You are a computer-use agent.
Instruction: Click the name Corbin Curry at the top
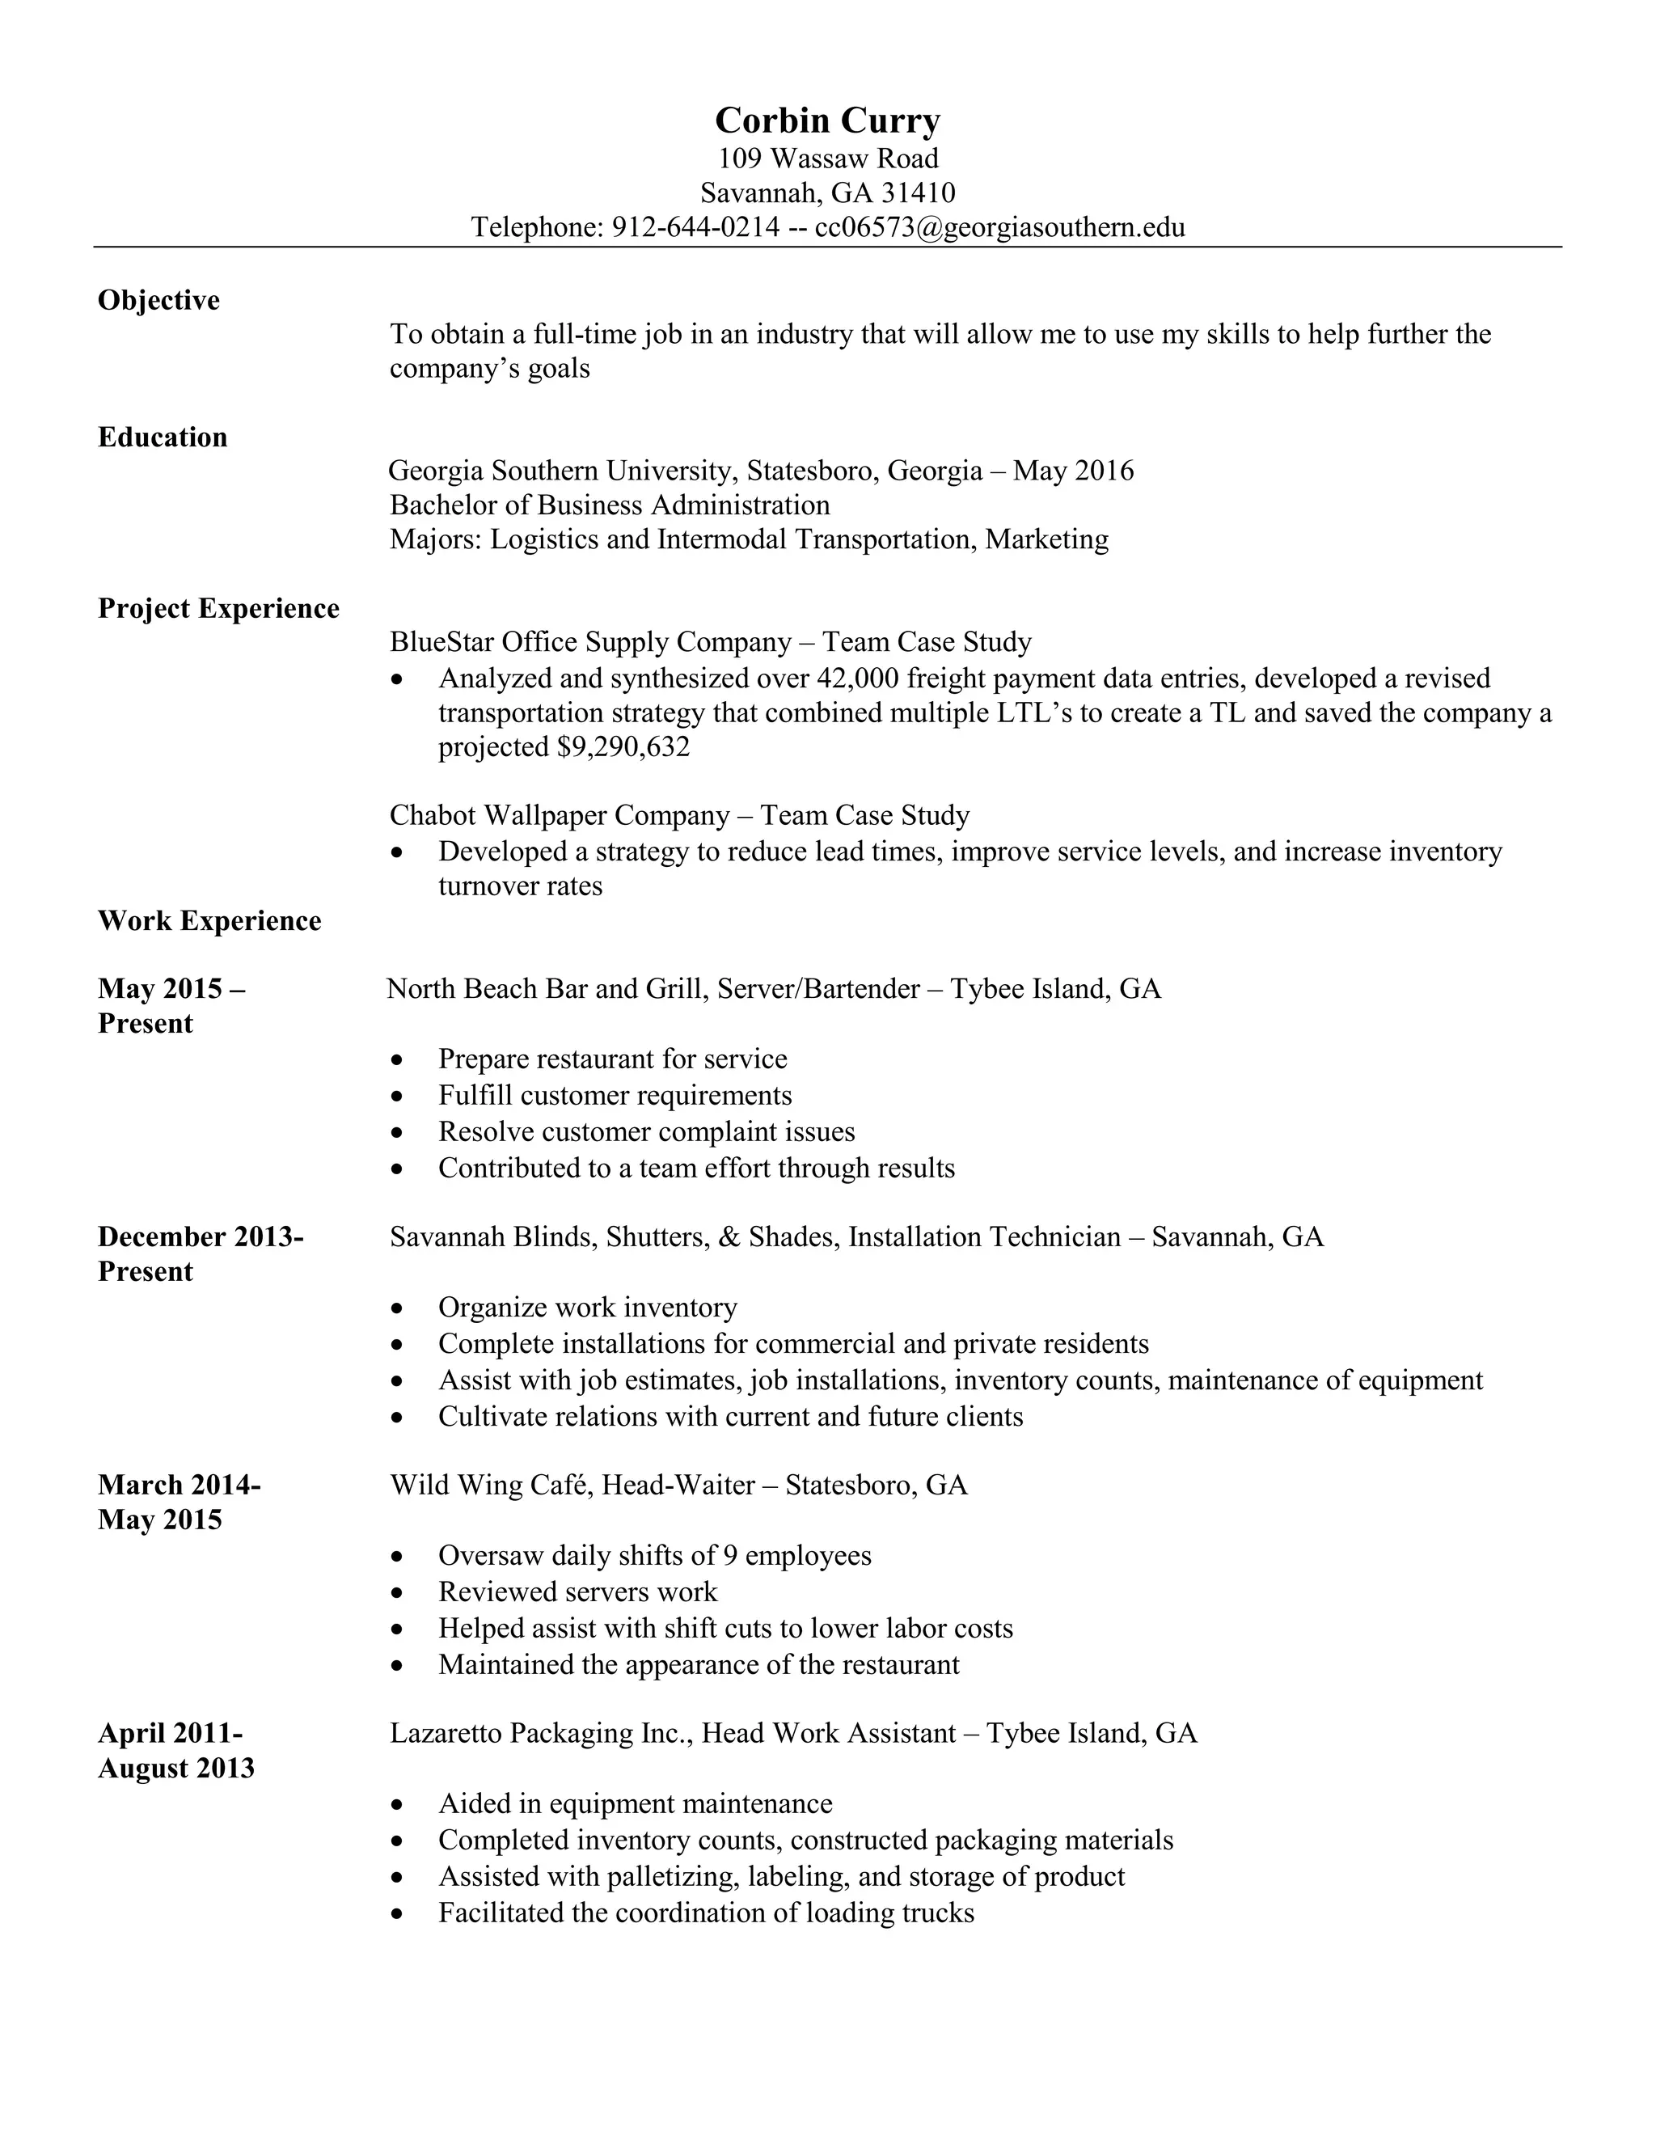[827, 120]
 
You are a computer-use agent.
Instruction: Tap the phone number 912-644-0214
[695, 228]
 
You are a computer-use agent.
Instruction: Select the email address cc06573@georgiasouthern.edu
[999, 228]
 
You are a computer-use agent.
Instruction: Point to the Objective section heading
[159, 300]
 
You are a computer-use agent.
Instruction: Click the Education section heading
[163, 437]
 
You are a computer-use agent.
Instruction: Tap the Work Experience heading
[210, 921]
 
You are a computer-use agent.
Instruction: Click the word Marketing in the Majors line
[1047, 539]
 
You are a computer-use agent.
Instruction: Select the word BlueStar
[441, 643]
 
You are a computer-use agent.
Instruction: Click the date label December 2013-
[201, 1237]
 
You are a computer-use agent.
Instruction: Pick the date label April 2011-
[171, 1734]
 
